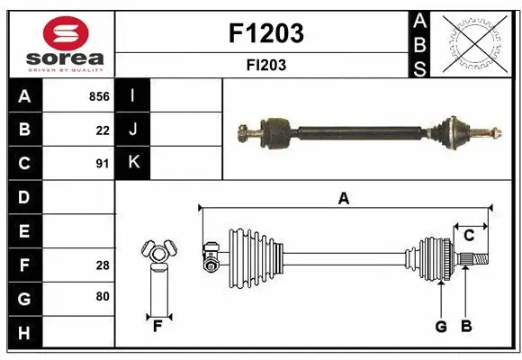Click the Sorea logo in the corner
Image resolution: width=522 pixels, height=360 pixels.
pos(60,42)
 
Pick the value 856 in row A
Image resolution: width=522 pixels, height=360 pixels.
pos(99,96)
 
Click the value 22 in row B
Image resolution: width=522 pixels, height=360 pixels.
pos(103,130)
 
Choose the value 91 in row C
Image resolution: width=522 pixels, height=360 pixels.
pos(103,164)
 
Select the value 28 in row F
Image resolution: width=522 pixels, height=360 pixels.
pos(103,265)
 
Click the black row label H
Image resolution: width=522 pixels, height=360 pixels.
pos(24,333)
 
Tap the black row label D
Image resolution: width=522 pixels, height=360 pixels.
pos(24,197)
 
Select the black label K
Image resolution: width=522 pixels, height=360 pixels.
pos(133,163)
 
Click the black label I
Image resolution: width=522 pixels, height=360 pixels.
pos(133,95)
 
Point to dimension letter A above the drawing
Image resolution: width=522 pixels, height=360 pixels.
pos(343,199)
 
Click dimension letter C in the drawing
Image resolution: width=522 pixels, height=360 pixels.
pos(469,236)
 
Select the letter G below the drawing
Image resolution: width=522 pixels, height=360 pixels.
pos(441,327)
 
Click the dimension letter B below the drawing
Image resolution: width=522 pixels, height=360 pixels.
pos(466,327)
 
